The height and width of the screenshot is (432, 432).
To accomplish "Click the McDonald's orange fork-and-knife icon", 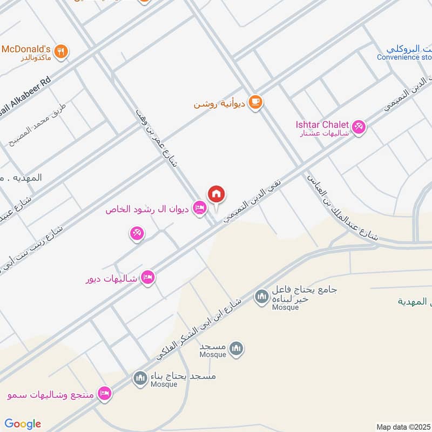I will click(x=63, y=52).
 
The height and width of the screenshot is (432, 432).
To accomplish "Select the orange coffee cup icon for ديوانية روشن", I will click(x=255, y=103).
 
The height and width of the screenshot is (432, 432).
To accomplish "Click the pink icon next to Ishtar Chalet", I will click(x=359, y=128).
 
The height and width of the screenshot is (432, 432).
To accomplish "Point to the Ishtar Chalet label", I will click(x=322, y=125).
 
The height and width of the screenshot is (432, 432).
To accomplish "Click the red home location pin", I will click(x=217, y=194).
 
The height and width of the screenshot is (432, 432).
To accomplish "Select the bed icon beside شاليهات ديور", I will click(x=147, y=278).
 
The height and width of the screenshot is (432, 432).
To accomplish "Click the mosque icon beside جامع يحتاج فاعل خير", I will click(x=262, y=296).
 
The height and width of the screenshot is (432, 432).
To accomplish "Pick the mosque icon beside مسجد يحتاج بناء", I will click(x=140, y=377).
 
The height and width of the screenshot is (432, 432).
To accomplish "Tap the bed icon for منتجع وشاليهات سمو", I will click(x=105, y=393).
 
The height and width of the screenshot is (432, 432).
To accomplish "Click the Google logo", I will click(x=23, y=424).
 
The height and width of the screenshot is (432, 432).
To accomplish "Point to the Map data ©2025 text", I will click(x=403, y=427).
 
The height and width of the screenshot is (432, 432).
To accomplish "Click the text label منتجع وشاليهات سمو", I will click(x=51, y=394).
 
